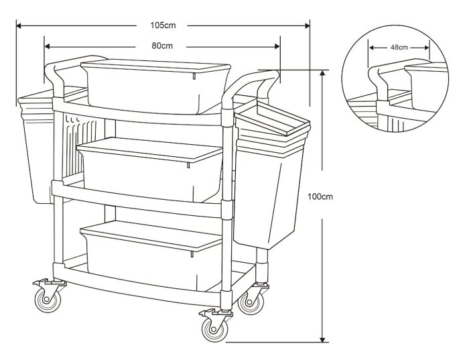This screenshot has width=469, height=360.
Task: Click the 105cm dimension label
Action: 163,25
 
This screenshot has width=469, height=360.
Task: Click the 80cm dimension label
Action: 162,46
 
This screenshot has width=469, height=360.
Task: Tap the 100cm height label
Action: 320,196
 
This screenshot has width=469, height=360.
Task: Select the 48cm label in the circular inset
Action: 399,48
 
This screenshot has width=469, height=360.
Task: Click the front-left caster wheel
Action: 48,300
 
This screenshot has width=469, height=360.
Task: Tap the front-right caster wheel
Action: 214,329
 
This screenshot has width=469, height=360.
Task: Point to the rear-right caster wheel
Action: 251,302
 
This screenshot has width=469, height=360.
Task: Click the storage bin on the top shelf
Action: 155,86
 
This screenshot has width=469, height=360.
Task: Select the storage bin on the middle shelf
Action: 149,169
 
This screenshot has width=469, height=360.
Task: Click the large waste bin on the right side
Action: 271,180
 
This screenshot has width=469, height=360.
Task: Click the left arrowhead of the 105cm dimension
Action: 19,25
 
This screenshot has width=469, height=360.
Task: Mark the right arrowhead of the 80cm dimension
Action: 277,46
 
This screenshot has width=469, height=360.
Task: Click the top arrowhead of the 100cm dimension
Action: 322,72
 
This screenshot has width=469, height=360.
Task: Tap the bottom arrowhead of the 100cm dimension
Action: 322,339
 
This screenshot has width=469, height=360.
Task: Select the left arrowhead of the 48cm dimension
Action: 372,48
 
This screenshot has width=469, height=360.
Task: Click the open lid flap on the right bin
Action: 273,118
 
